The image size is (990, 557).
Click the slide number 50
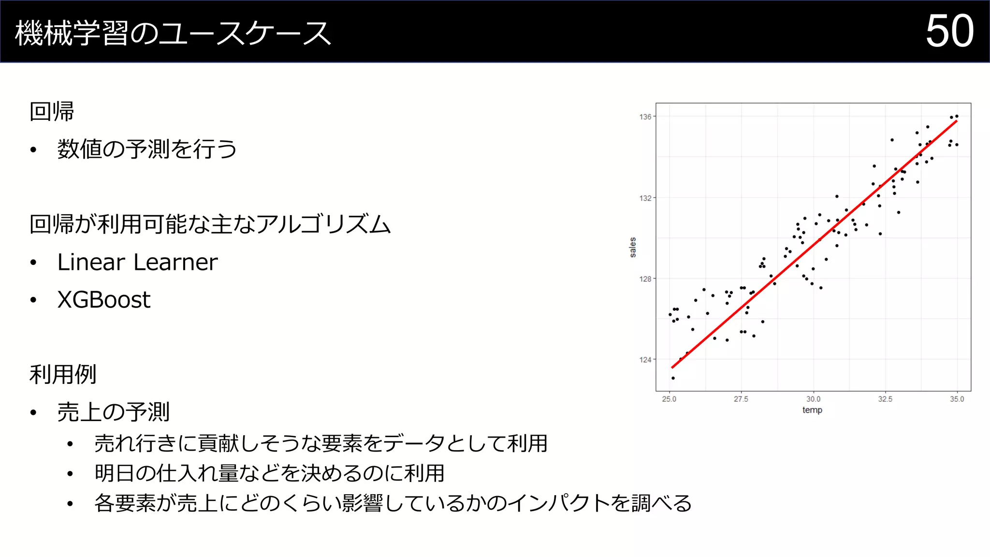point(949,31)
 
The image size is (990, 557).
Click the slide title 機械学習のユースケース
point(173,33)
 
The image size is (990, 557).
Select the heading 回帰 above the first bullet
point(52,112)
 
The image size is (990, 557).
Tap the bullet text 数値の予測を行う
point(147,149)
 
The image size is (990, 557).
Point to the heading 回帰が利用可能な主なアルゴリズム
point(210,224)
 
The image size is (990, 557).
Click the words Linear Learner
point(137,262)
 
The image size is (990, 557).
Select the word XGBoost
point(104,300)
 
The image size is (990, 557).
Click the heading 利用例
point(63,374)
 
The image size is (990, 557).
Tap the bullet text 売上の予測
point(113,412)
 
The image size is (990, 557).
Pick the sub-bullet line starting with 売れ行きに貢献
point(320,443)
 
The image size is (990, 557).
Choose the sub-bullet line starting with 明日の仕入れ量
point(269,473)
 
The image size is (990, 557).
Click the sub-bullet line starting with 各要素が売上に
point(393,503)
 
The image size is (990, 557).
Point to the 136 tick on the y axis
point(645,117)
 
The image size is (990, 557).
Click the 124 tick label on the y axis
point(645,360)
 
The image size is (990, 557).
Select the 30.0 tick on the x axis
point(813,399)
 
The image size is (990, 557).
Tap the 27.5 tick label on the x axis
point(741,399)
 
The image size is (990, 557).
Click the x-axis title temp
point(812,410)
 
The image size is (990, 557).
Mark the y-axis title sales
point(633,247)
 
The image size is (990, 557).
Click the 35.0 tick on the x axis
point(957,399)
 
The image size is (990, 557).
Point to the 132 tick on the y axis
point(645,198)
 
